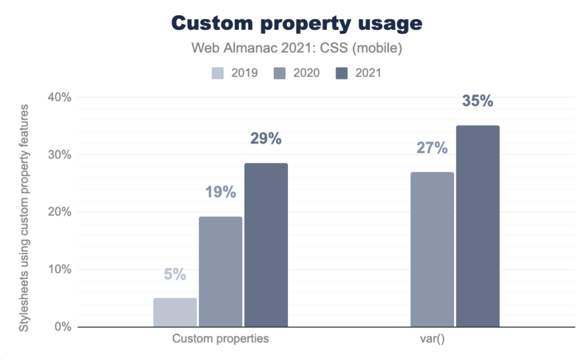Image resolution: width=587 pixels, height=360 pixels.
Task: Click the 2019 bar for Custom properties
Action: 175,312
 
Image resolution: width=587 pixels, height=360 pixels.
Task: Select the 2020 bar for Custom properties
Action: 221,271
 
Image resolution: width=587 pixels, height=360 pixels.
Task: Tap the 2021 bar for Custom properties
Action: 266,245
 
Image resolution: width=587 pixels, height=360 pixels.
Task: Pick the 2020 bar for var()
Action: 432,249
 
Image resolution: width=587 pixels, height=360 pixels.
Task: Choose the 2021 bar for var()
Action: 477,226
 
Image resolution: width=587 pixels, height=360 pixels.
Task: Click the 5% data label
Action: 175,274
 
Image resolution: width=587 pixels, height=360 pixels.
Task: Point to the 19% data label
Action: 221,193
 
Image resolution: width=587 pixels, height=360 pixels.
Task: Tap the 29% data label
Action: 266,139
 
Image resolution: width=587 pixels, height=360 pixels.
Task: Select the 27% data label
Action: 432,148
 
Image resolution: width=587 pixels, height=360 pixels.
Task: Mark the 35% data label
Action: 477,102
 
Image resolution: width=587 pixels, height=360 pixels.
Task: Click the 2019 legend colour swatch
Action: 218,73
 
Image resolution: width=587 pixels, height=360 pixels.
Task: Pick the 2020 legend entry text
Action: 306,73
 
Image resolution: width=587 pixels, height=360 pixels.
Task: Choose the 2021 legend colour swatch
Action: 341,73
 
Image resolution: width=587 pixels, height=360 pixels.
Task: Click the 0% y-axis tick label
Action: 62,327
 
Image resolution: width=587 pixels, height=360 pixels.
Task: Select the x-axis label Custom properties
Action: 221,338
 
